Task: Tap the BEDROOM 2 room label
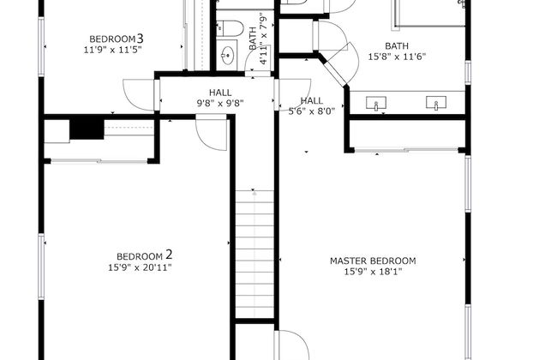[x=145, y=255]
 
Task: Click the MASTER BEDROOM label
[x=373, y=261]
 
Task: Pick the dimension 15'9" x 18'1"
[x=373, y=272]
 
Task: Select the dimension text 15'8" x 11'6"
[x=397, y=57]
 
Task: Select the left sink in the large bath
[x=376, y=104]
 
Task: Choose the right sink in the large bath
[x=436, y=104]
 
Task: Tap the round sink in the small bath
[x=228, y=57]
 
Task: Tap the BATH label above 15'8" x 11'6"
[x=397, y=45]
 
